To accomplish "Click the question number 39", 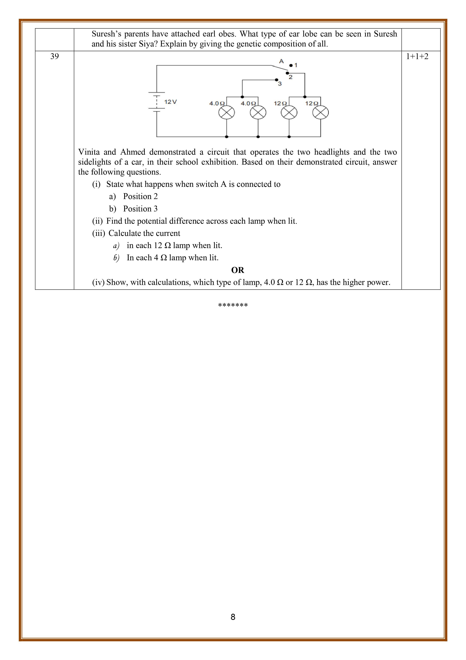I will [x=54, y=56].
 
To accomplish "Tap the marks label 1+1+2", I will [x=417, y=56].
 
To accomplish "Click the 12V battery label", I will [x=170, y=102].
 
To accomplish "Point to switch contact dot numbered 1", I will [x=291, y=65].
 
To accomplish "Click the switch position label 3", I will [x=280, y=84].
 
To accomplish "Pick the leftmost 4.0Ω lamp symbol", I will [x=227, y=112].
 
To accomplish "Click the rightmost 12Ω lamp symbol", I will [x=320, y=112].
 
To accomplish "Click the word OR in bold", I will [x=237, y=270].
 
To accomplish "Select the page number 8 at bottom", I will [x=233, y=617].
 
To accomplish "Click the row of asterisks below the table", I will [x=233, y=305].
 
